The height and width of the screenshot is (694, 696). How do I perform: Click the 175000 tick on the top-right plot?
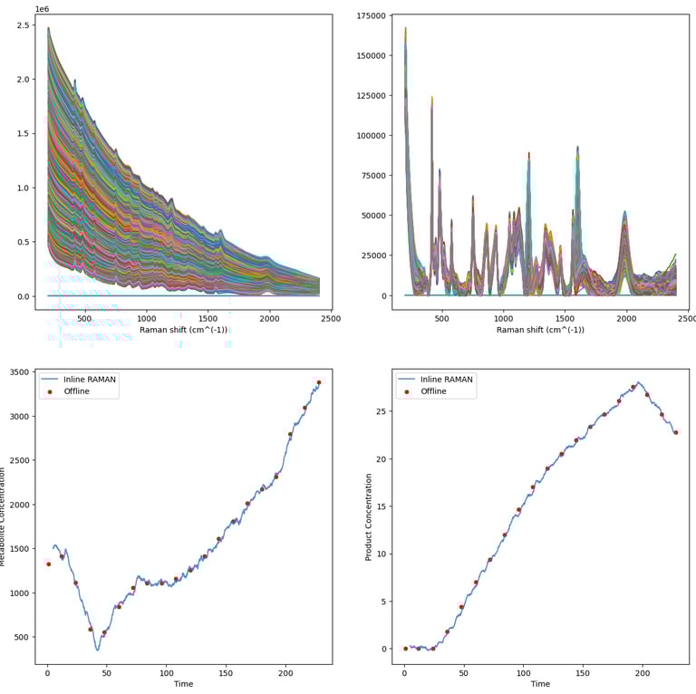click(372, 15)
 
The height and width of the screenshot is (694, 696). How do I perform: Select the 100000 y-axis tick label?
click(372, 136)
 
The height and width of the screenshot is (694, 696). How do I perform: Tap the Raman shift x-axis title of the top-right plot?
click(540, 330)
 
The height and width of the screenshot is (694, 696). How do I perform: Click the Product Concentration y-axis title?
click(369, 516)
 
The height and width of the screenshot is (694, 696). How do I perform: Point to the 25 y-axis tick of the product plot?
click(382, 411)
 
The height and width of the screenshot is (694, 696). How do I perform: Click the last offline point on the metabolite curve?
click(319, 382)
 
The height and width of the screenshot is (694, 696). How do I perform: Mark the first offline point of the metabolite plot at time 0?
click(48, 564)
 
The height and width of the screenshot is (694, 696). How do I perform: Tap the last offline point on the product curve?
click(676, 432)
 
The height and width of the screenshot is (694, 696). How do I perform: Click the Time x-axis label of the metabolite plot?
click(183, 684)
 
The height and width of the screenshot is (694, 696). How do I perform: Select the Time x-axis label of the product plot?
click(540, 684)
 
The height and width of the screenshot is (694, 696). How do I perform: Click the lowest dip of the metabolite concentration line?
click(98, 650)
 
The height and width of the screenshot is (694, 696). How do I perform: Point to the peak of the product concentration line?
click(638, 382)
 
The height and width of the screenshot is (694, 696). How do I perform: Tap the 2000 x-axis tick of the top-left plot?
click(269, 319)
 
